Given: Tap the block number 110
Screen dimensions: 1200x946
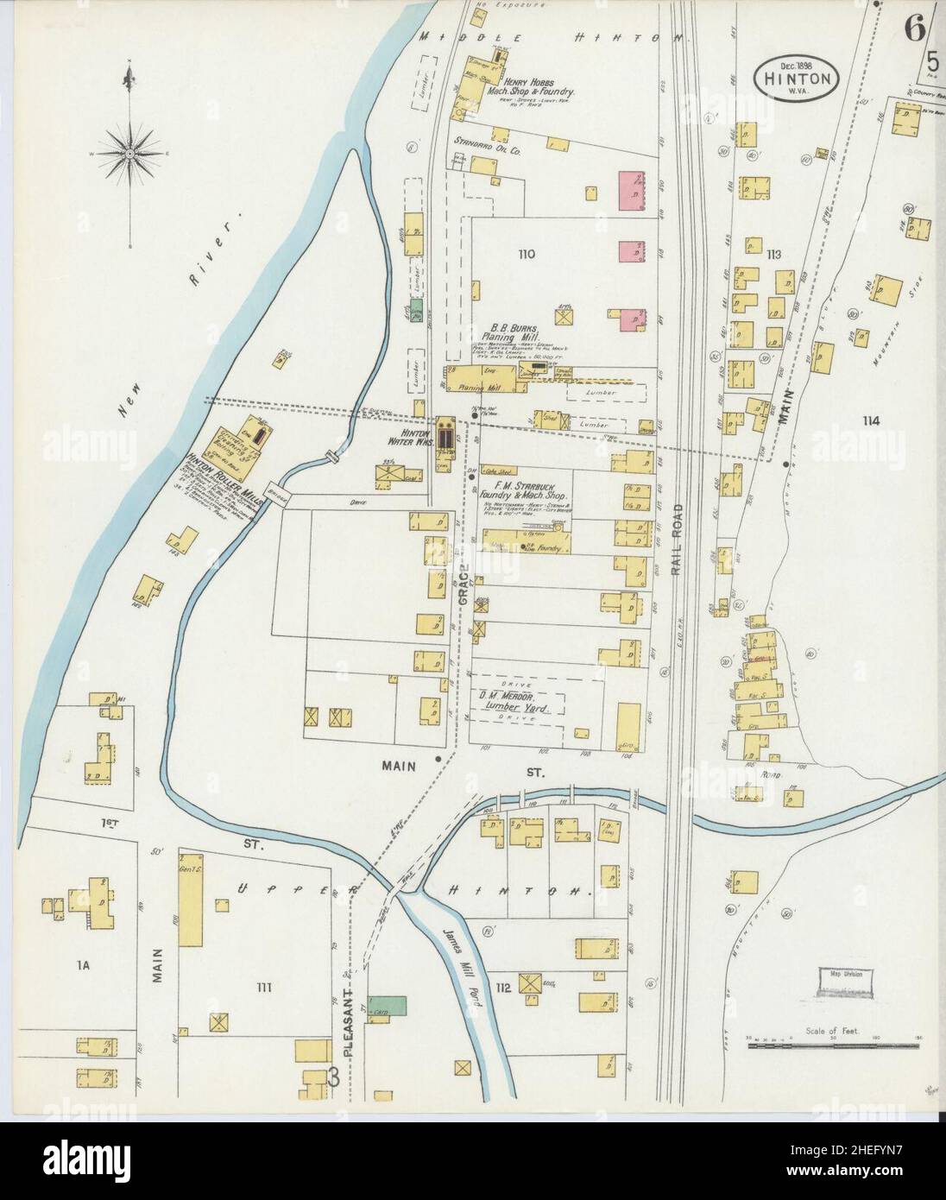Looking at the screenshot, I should click(527, 254).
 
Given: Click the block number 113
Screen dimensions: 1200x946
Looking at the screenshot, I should click(773, 254).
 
